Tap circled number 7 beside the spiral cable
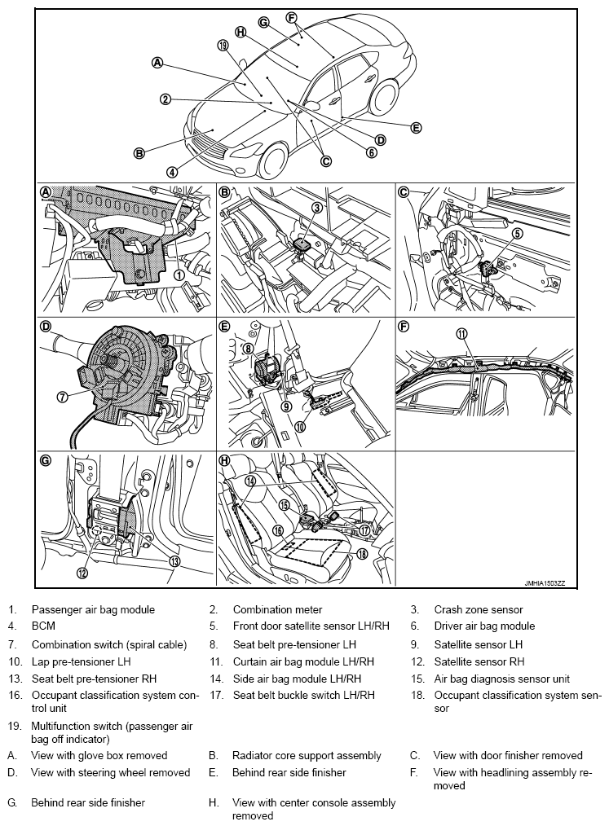[61, 397]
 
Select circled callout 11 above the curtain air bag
[462, 334]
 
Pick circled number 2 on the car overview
[165, 99]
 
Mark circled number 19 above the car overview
[223, 46]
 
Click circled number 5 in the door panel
[517, 233]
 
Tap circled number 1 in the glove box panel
[178, 275]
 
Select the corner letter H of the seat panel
[226, 460]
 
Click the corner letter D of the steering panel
[46, 327]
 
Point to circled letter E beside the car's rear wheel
[417, 128]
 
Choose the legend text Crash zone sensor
[478, 609]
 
